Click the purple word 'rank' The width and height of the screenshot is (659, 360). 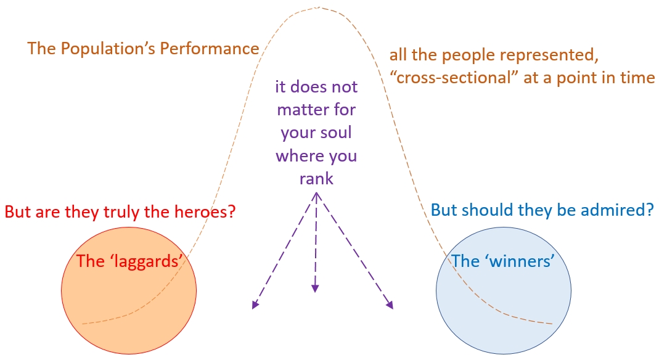pos(316,178)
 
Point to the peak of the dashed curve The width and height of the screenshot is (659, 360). pos(318,7)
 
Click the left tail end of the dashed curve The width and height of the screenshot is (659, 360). pos(83,323)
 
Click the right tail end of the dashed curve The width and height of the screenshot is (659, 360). pos(551,323)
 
